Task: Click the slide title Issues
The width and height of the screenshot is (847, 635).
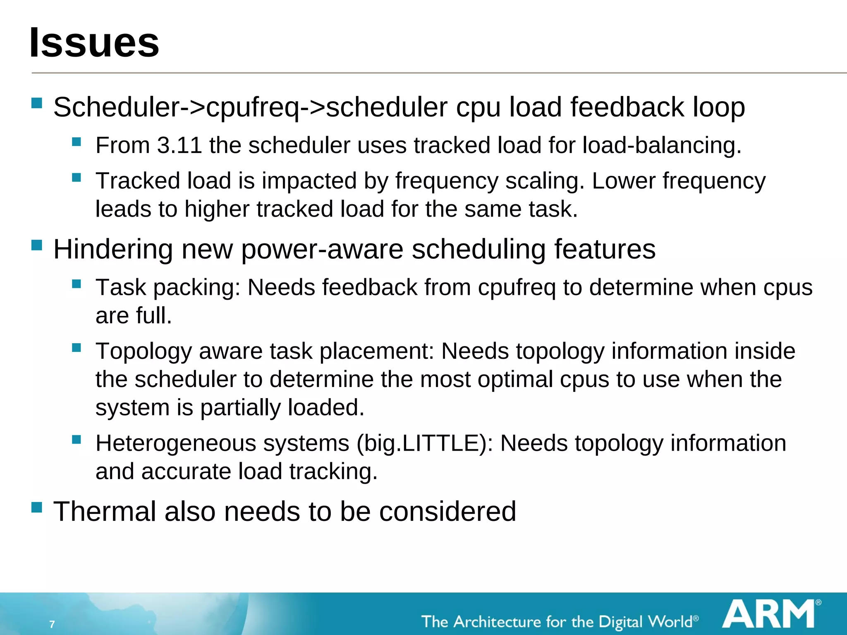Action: pos(94,43)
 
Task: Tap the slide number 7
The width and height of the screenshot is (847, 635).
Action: pos(52,624)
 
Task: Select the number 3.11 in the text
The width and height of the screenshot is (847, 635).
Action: pos(179,146)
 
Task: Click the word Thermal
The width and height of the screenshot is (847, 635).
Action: pos(105,511)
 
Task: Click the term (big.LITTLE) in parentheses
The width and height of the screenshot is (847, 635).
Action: pos(424,444)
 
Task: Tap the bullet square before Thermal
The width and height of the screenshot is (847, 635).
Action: pos(37,507)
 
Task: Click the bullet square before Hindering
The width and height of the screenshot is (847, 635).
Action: pos(37,245)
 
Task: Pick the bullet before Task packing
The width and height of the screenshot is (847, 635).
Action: pos(77,284)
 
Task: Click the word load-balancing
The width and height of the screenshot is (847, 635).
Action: pos(662,146)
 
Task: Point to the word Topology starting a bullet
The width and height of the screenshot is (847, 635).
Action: pos(144,351)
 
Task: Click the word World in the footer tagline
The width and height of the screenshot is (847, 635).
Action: pos(670,622)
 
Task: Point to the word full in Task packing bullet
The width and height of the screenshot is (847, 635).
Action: pos(153,315)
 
